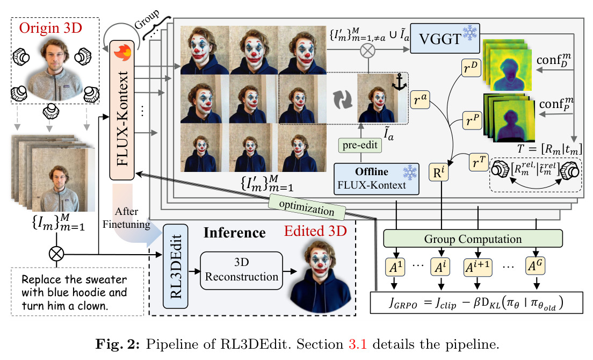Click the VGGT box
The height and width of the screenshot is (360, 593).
click(445, 38)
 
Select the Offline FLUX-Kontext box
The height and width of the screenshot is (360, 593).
click(377, 179)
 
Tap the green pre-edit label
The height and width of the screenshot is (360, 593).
click(360, 145)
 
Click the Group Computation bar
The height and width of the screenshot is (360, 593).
click(473, 239)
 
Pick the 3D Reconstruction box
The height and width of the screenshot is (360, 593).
click(241, 270)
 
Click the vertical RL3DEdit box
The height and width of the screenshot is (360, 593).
click(176, 266)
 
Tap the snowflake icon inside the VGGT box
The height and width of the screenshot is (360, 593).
click(469, 33)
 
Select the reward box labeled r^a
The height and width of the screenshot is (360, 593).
click(420, 99)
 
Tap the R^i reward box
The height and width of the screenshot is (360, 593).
click(439, 172)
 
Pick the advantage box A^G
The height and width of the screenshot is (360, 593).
click(536, 267)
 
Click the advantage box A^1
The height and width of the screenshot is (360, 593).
click(395, 267)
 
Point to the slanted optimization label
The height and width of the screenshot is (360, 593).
click(307, 207)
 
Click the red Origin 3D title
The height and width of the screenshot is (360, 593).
click(50, 28)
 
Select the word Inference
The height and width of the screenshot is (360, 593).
click(235, 233)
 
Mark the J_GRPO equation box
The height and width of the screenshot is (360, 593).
click(476, 303)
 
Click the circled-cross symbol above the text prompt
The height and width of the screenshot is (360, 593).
click(56, 254)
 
